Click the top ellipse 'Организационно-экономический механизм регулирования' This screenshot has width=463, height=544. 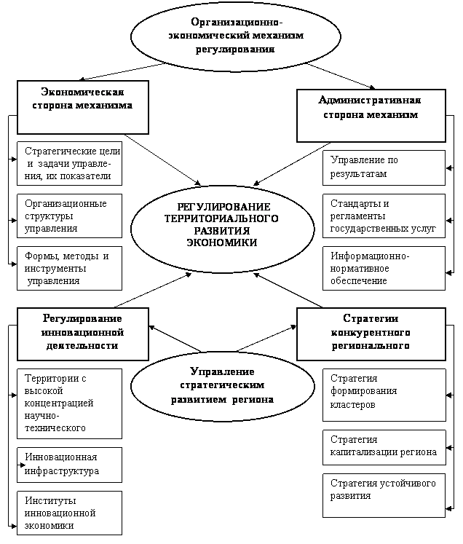point(234,35)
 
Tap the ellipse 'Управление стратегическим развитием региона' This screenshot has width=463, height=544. point(222,385)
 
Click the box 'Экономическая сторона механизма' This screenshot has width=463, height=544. point(82,107)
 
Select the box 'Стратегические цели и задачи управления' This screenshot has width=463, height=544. point(69,163)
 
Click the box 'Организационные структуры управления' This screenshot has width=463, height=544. point(69,216)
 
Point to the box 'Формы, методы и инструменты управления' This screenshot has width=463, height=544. point(69,268)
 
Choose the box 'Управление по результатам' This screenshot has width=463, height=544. point(384,167)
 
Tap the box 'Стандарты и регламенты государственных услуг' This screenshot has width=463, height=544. point(384,216)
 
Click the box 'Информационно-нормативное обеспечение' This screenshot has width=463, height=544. point(384,267)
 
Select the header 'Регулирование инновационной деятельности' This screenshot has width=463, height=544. point(82,334)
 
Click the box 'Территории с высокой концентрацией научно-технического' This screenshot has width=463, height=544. point(69,403)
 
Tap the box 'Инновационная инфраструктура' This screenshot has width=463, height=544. point(69,464)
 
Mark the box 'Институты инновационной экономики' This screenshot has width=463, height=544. point(69,513)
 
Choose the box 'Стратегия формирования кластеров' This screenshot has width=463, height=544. point(384,394)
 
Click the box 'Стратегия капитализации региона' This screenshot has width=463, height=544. point(384,447)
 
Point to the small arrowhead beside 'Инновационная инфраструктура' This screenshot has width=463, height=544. point(23,465)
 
